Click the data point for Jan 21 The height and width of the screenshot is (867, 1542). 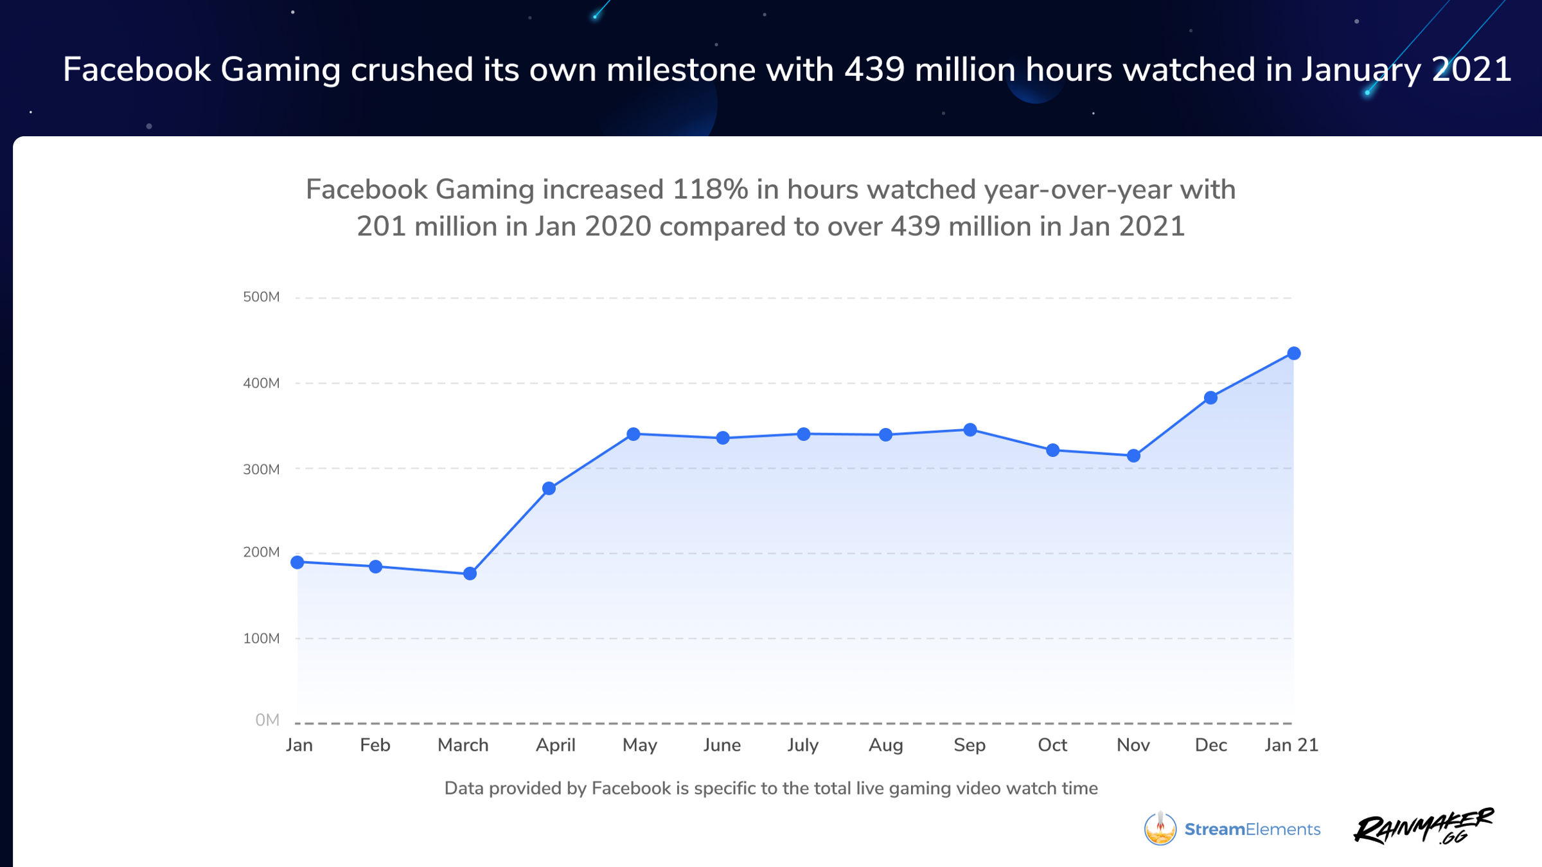tap(1293, 353)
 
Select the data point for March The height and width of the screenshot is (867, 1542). tap(470, 573)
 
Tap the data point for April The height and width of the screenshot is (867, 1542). tap(549, 488)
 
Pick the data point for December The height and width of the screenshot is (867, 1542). tap(1210, 398)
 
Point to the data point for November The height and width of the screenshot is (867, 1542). tap(1134, 456)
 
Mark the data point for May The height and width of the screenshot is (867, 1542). tap(634, 434)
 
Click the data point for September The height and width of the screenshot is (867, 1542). tap(970, 430)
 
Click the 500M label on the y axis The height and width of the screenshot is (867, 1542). tap(261, 297)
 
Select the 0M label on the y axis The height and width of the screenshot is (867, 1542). tap(267, 720)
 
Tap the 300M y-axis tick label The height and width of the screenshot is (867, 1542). tap(261, 469)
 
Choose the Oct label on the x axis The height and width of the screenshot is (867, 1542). tap(1052, 745)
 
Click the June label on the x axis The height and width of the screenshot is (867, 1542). tap(722, 745)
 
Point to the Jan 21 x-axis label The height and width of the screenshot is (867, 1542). tap(1291, 745)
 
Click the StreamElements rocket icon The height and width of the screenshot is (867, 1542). tap(1160, 828)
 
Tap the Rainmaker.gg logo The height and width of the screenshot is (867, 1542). tap(1423, 827)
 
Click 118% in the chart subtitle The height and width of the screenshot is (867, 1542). tap(710, 190)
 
